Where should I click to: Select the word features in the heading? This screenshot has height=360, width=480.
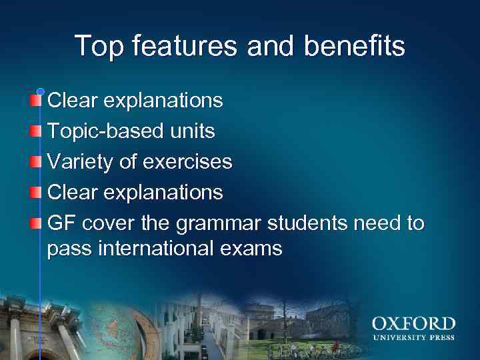pyautogui.click(x=185, y=46)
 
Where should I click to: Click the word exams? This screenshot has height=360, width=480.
pyautogui.click(x=255, y=249)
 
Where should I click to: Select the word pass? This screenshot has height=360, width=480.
pyautogui.click(x=69, y=249)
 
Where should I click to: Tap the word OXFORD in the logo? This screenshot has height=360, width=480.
pyautogui.click(x=413, y=325)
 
